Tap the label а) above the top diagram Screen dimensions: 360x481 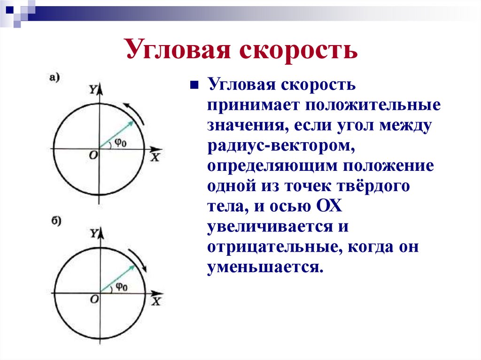point(55,77)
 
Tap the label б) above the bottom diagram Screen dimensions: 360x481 point(56,222)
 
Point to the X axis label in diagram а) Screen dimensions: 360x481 point(155,158)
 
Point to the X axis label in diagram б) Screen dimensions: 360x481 point(156,301)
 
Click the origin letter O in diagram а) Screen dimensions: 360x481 point(93,155)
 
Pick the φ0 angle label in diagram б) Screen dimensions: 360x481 point(121,287)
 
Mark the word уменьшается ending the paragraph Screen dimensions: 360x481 point(264,268)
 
